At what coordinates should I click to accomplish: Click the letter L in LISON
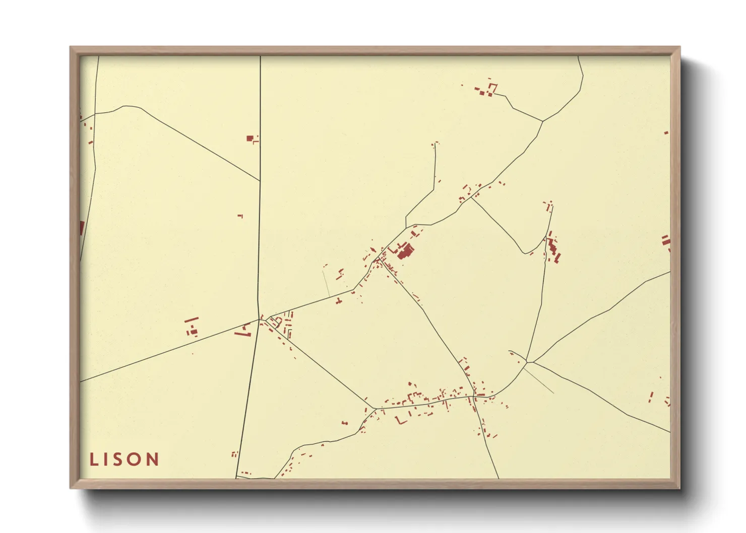click(94, 459)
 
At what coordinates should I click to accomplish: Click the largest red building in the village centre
click(405, 251)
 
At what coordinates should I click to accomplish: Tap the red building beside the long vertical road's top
click(250, 138)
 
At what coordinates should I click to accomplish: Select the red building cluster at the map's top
click(487, 90)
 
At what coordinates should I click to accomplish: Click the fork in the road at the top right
click(543, 121)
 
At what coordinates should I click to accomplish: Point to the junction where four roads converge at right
click(527, 362)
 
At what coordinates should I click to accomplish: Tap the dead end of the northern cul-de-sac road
click(435, 145)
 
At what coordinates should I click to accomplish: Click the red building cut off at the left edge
click(82, 228)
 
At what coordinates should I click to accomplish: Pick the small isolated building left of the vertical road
click(240, 216)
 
